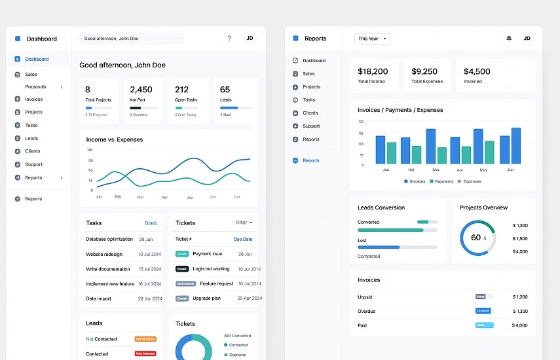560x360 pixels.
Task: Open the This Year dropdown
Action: (x=372, y=39)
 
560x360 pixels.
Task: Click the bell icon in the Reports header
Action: (x=509, y=38)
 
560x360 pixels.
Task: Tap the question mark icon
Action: (x=229, y=39)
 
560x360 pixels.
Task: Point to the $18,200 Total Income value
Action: (x=373, y=71)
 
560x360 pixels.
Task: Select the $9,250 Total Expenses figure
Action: (x=424, y=71)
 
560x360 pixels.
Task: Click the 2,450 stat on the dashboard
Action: (x=141, y=90)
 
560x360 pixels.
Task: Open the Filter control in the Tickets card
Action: (x=243, y=223)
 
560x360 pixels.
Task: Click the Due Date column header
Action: (x=242, y=239)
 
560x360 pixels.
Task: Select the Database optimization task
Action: (x=109, y=239)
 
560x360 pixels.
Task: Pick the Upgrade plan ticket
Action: (x=206, y=298)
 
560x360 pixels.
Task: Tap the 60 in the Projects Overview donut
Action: (x=476, y=238)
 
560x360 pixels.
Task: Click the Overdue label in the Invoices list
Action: (x=367, y=311)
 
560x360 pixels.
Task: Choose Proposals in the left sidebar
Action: (x=36, y=86)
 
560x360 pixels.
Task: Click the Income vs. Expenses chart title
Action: (x=115, y=139)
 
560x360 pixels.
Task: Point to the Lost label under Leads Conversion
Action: (x=362, y=240)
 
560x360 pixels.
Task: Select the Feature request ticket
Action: (x=216, y=283)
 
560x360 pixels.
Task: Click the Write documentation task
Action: (x=108, y=269)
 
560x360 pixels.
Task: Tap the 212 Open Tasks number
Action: (x=181, y=90)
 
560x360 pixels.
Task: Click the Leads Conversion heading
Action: (x=381, y=207)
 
